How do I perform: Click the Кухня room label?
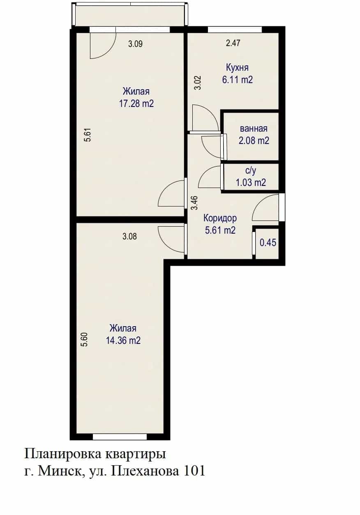pos(237,68)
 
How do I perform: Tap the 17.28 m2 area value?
pos(136,104)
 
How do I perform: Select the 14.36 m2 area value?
pos(123,340)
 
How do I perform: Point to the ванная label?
pos(254,128)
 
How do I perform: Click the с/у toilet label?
pos(251,171)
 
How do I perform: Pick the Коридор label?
pos(220,218)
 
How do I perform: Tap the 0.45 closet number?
pos(268,243)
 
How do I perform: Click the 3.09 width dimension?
pos(135,44)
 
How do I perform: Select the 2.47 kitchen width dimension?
pos(233,43)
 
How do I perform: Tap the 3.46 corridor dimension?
pos(194,203)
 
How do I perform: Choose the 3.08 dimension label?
pos(129,237)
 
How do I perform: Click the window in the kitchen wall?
pos(235,30)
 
